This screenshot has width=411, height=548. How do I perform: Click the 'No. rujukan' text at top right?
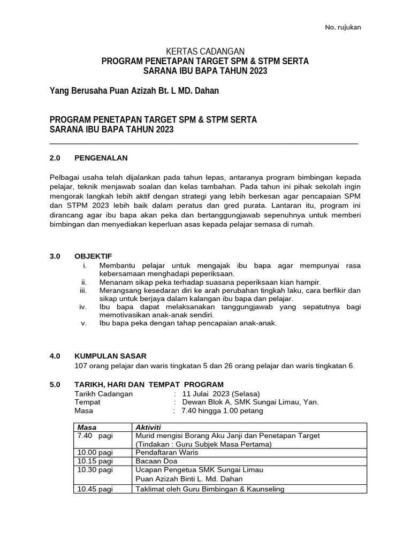[x=343, y=28]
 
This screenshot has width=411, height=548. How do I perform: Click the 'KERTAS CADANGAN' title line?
[x=205, y=51]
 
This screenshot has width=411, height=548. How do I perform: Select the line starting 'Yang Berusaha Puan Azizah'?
[x=134, y=91]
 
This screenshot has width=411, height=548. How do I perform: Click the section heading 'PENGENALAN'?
[x=101, y=158]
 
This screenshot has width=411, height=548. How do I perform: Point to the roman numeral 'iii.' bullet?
[x=83, y=290]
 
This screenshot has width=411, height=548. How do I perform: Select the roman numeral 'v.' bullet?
[x=83, y=323]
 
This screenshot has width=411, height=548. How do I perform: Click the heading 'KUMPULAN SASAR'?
[x=110, y=356]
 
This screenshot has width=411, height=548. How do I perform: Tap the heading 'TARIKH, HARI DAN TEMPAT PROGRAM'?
[x=149, y=385]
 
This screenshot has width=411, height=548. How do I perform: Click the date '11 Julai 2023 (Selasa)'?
[x=221, y=393]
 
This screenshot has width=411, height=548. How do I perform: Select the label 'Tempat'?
[x=88, y=402]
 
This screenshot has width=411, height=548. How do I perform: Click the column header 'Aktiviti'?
[x=148, y=427]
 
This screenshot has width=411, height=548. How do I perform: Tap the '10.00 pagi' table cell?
[x=95, y=453]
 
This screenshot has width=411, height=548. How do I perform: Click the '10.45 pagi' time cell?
[x=95, y=489]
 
